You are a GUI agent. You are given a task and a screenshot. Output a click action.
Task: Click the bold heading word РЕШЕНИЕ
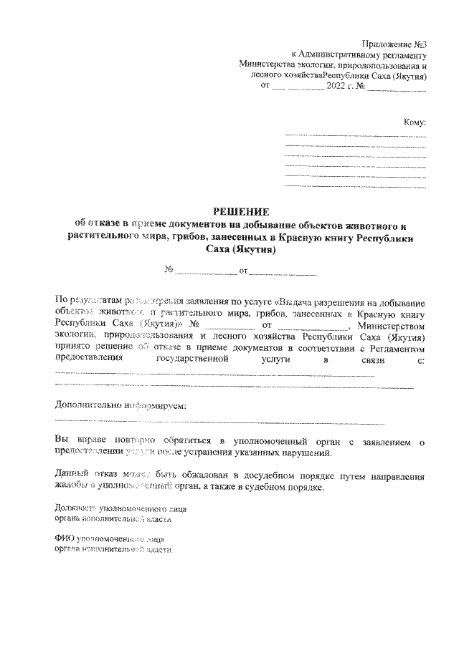241,211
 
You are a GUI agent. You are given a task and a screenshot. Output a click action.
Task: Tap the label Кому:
415,122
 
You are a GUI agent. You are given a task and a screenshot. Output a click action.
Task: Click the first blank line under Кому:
355,135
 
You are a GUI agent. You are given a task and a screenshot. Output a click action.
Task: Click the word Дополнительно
81,406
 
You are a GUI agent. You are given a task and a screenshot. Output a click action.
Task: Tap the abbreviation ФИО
65,536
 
